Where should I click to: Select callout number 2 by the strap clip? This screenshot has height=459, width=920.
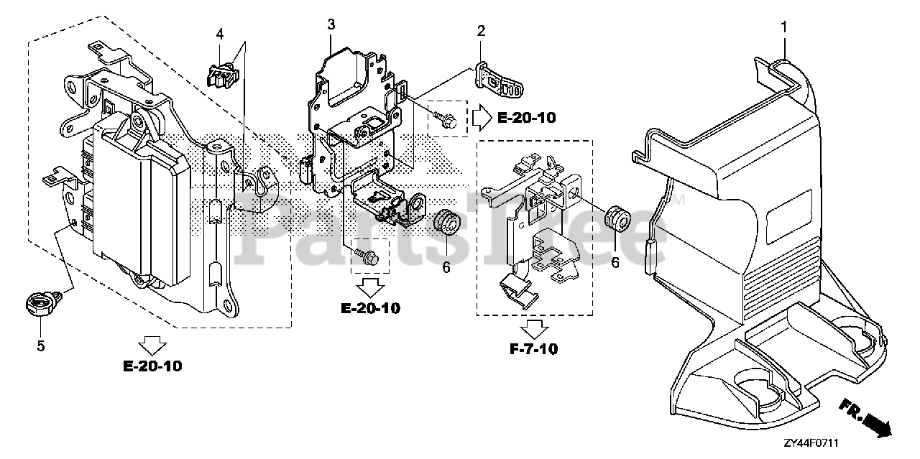click(x=481, y=31)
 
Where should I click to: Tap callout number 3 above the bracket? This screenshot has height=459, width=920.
click(x=331, y=24)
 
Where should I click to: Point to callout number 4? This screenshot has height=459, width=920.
click(x=220, y=33)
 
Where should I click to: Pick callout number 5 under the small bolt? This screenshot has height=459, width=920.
click(x=40, y=346)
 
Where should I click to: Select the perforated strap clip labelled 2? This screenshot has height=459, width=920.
click(x=500, y=80)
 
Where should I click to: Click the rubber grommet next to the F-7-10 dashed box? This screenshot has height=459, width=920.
click(x=615, y=218)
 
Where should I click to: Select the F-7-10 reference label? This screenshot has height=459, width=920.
click(x=533, y=350)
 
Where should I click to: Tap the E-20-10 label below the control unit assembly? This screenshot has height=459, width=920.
click(x=152, y=366)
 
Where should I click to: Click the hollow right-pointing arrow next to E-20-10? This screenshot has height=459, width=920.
click(x=479, y=116)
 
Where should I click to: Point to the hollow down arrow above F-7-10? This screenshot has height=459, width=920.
click(x=533, y=329)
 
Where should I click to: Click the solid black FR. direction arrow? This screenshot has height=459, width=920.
click(x=875, y=425)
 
